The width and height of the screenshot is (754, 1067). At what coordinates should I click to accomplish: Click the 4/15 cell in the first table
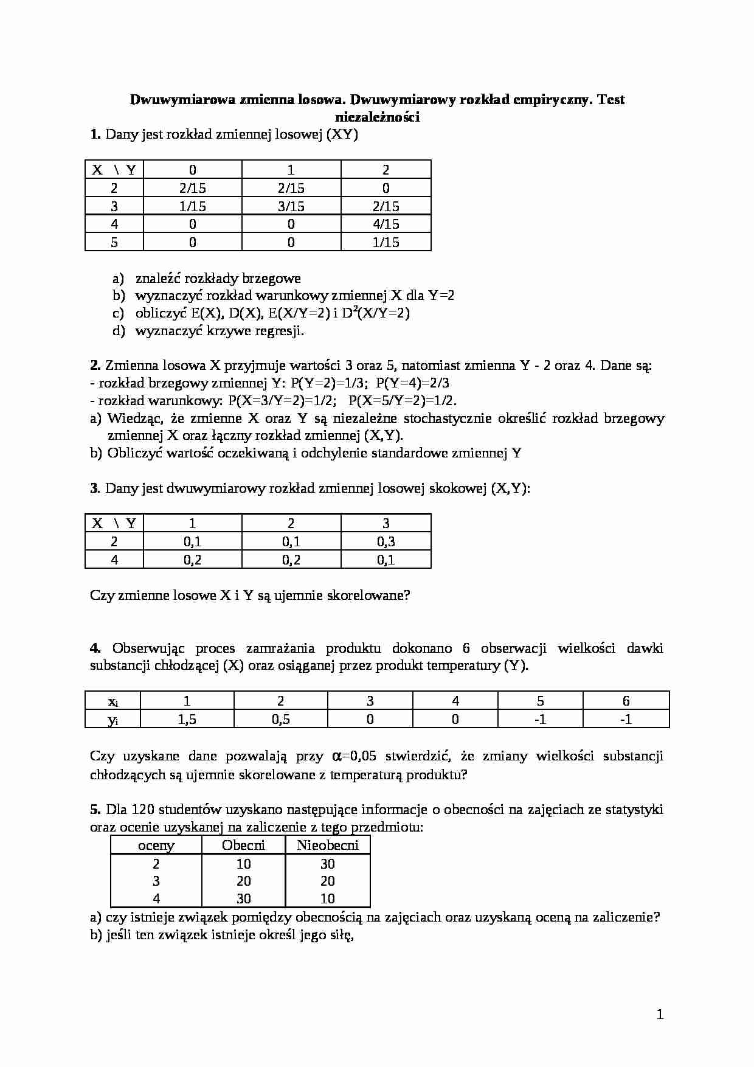click(x=386, y=224)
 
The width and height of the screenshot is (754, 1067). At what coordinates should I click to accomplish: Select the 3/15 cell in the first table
click(x=291, y=206)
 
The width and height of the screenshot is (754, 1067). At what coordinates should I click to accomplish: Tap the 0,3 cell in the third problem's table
click(x=386, y=541)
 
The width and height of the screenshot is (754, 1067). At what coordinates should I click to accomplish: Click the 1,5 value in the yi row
click(x=187, y=719)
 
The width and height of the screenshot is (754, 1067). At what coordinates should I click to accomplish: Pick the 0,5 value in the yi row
click(x=280, y=719)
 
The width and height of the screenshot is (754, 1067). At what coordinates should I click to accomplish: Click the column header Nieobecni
click(x=327, y=845)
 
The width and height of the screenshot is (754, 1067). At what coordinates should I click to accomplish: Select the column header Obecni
click(x=243, y=845)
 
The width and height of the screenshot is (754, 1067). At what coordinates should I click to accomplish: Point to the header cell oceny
click(x=156, y=846)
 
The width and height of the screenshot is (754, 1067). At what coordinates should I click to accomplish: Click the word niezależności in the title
click(x=377, y=117)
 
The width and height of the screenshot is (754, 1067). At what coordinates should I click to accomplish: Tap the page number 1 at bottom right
click(x=660, y=1014)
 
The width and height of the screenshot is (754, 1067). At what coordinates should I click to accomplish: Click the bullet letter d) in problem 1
click(x=118, y=331)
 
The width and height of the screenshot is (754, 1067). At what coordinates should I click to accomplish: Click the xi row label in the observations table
click(x=113, y=701)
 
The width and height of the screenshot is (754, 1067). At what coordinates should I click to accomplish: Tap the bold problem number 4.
click(x=95, y=648)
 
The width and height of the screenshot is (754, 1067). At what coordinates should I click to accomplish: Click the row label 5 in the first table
click(x=114, y=242)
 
